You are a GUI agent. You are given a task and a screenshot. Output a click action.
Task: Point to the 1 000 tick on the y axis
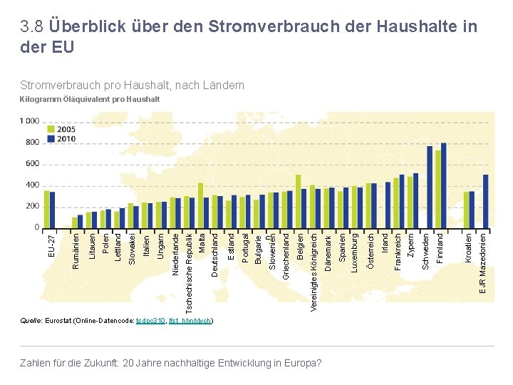(29, 121)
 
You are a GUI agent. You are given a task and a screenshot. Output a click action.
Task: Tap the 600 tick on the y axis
(31, 164)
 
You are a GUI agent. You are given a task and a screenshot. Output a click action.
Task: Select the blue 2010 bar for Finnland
(444, 185)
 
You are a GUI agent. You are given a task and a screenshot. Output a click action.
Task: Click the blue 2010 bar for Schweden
(430, 187)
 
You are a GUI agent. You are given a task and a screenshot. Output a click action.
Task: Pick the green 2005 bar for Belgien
(299, 201)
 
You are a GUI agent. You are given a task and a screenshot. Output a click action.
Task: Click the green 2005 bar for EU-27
(46, 209)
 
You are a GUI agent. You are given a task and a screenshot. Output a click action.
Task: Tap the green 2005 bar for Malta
(201, 205)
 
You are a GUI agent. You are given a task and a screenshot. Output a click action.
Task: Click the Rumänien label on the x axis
(76, 250)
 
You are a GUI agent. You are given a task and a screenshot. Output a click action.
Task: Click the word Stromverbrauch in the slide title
(261, 27)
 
